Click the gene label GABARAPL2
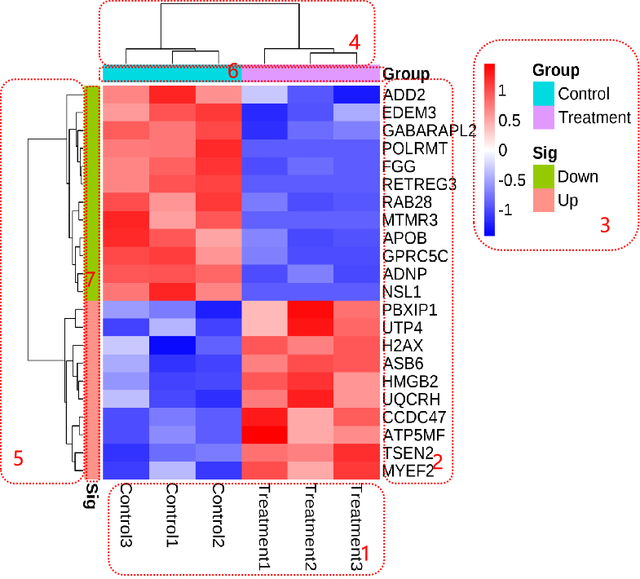click(429, 130)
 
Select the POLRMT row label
click(415, 148)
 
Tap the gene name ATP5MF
click(414, 435)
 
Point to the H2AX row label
click(403, 346)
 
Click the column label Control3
click(126, 515)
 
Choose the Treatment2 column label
click(311, 527)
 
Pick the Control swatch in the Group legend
click(544, 94)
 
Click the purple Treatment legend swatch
click(544, 117)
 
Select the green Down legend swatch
click(544, 176)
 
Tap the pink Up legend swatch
click(544, 200)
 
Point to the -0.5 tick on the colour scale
click(512, 180)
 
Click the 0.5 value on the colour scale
click(510, 121)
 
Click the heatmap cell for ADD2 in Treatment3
click(357, 95)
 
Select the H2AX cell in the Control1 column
click(172, 346)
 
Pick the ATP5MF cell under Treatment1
click(264, 435)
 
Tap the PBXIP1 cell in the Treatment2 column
click(311, 310)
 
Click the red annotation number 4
click(355, 42)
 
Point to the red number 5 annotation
click(19, 458)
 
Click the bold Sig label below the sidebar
click(92, 496)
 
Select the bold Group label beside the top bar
click(406, 74)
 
